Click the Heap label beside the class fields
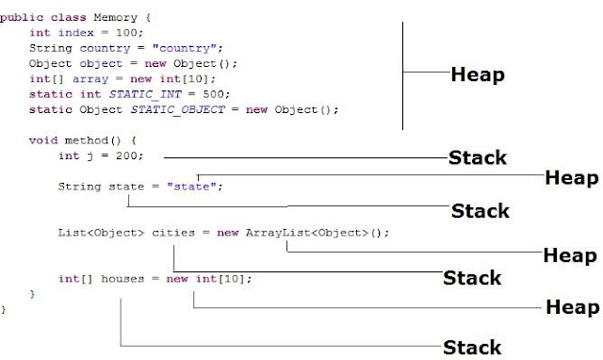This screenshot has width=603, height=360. (x=477, y=74)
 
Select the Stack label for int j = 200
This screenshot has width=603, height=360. (x=476, y=157)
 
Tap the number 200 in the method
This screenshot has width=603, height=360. (x=126, y=155)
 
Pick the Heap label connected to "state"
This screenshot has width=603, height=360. (x=571, y=177)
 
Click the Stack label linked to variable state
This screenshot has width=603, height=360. (x=480, y=210)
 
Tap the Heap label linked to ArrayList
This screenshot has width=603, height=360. (x=570, y=255)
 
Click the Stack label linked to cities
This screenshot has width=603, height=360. (x=472, y=278)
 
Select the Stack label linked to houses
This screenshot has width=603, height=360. (x=473, y=347)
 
